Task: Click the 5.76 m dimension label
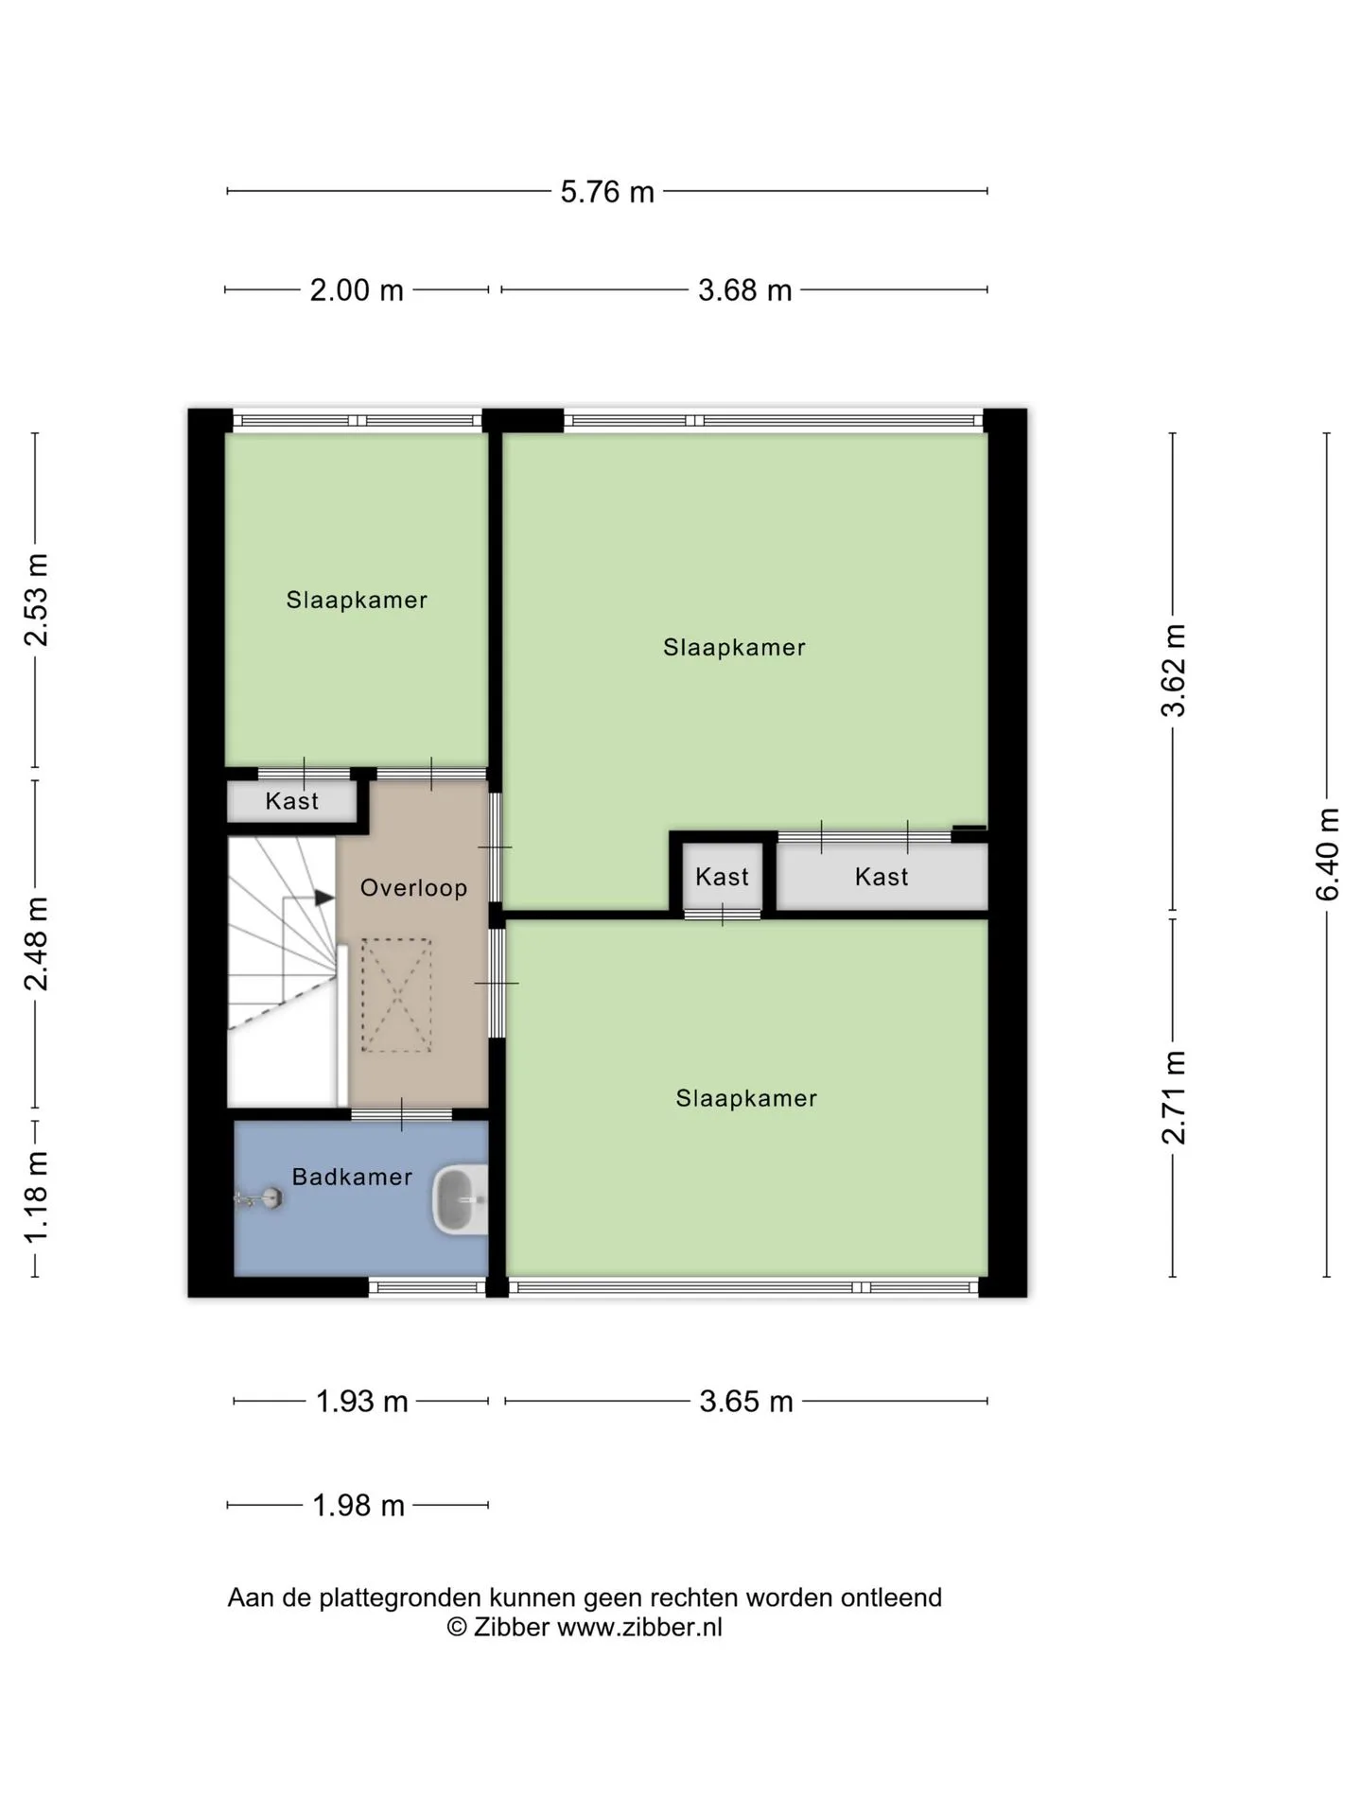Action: pos(607,192)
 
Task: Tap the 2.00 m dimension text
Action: pos(357,290)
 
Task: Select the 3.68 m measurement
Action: pos(745,290)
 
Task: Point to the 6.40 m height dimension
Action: pos(1328,854)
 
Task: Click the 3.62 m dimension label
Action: pos(1174,671)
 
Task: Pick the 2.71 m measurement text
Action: pos(1174,1097)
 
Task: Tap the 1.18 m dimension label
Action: pos(36,1197)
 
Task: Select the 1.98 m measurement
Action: pos(358,1505)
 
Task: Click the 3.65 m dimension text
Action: pos(746,1401)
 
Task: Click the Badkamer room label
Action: pos(352,1177)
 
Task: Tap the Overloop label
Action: pos(413,888)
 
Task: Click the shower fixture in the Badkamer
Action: pos(259,1199)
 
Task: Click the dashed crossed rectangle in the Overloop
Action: pos(396,995)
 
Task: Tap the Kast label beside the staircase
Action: pos(291,801)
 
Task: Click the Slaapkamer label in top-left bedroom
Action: pos(357,600)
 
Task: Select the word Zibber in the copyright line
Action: pos(512,1627)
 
